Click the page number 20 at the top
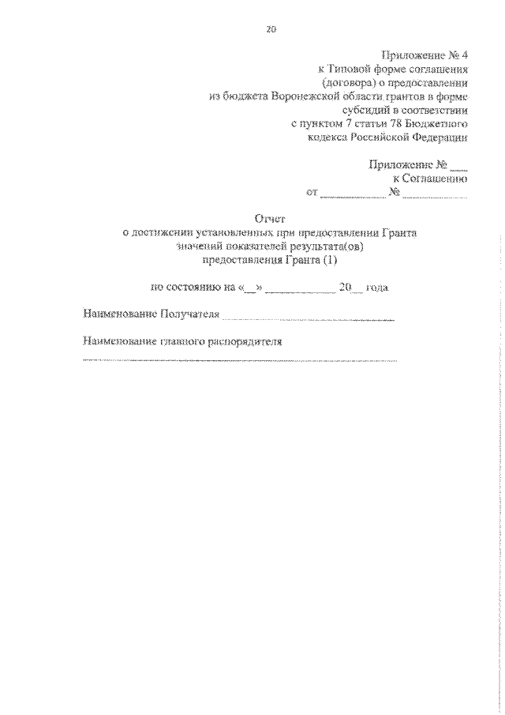point(271,29)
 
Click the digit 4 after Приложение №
point(464,55)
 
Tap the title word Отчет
point(269,219)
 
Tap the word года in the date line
point(377,288)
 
